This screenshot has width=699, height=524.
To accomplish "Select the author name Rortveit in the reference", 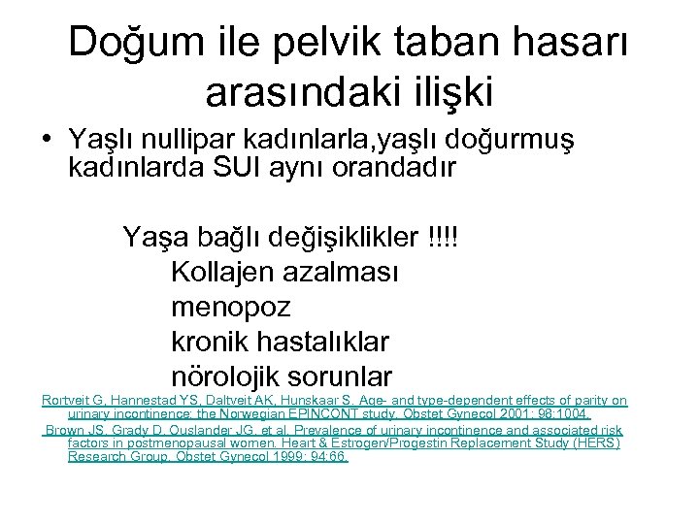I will [66, 400].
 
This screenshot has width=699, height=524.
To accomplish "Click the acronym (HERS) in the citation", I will [595, 442].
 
